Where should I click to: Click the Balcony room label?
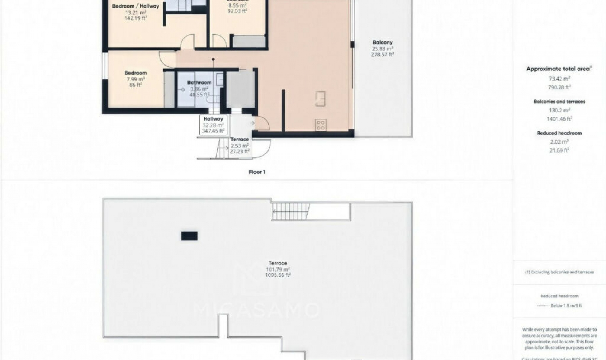point(382,42)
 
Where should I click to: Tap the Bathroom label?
point(199,82)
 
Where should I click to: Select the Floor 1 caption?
point(257,172)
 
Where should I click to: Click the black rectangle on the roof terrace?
point(189,236)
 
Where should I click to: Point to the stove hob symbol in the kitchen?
point(320,125)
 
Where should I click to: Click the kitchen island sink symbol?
point(320,99)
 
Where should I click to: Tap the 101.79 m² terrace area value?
point(278,269)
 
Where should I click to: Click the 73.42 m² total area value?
point(559,79)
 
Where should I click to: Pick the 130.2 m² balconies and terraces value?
point(559,110)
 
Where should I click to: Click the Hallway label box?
point(213,125)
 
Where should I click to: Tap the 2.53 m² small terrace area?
point(240,146)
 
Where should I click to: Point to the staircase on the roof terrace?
point(290,212)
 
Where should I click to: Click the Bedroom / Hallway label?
point(136,6)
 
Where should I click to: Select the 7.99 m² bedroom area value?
point(136,79)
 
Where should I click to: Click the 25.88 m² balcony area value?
point(382,49)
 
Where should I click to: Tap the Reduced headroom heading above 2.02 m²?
point(559,133)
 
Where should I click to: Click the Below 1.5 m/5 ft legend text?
point(566,306)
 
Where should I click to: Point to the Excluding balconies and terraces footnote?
point(559,272)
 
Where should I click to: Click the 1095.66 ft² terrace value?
point(278,275)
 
